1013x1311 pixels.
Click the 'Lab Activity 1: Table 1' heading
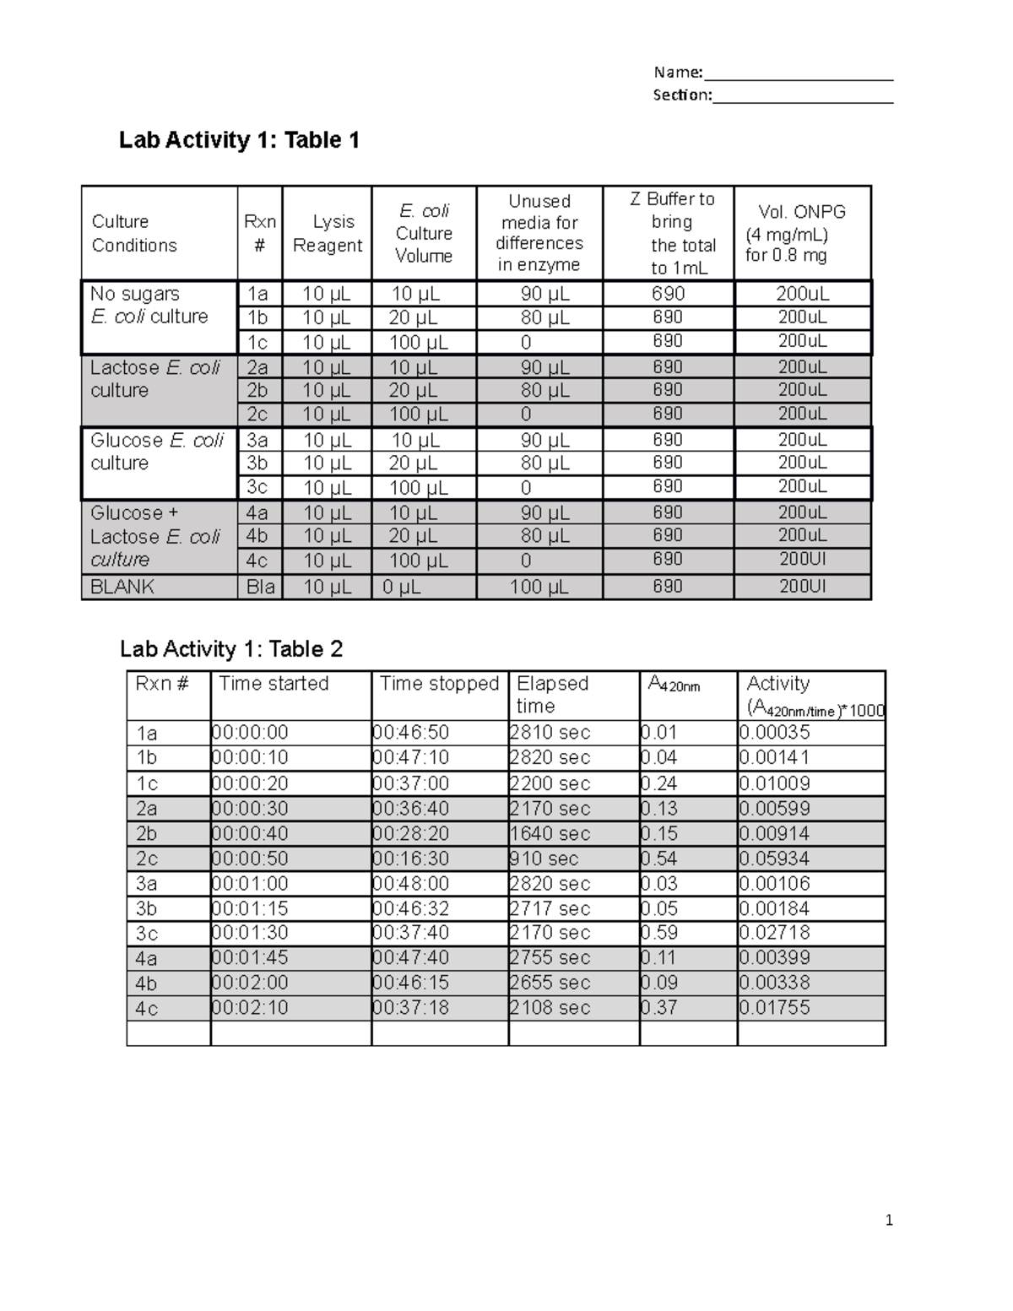click(x=239, y=140)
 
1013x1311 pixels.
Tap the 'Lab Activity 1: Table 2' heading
click(x=231, y=649)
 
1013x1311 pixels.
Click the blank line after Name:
click(x=799, y=74)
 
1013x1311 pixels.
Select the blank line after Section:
click(x=803, y=96)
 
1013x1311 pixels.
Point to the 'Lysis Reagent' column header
click(x=327, y=234)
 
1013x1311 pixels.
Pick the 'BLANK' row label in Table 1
click(x=122, y=587)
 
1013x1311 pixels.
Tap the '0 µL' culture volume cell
click(x=402, y=587)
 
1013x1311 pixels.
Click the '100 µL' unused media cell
click(x=539, y=587)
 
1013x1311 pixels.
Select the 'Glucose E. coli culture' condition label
click(x=156, y=452)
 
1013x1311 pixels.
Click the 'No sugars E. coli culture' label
click(x=149, y=306)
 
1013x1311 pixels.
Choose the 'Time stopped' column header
click(x=439, y=684)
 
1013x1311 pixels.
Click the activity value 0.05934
click(x=775, y=859)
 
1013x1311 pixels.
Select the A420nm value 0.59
click(x=660, y=933)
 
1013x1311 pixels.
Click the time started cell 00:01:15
click(x=251, y=909)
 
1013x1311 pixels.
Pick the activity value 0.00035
click(x=775, y=733)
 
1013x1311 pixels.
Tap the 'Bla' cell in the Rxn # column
click(x=260, y=587)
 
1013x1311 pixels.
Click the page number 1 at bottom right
click(x=889, y=1220)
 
